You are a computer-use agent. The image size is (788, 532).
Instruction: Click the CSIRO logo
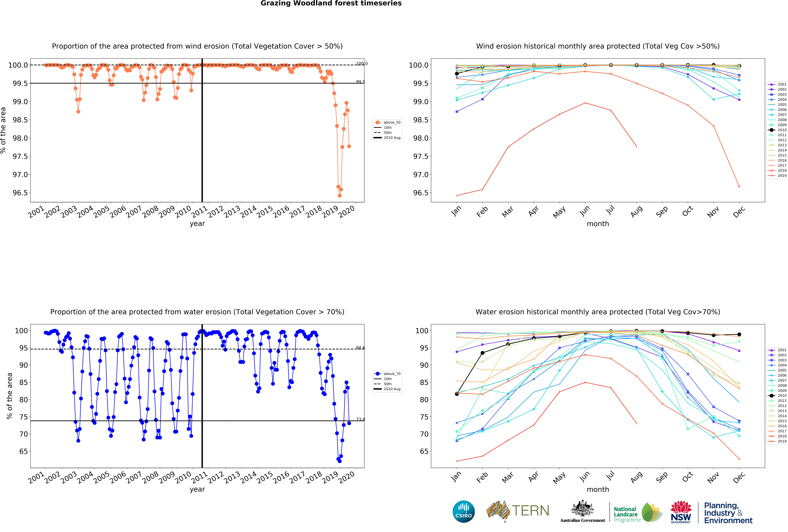click(x=463, y=511)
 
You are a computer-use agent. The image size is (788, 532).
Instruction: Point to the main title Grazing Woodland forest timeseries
click(x=331, y=3)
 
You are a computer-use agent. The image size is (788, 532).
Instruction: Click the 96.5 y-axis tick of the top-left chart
click(x=20, y=193)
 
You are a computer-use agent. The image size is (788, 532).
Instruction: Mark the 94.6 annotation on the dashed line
click(x=360, y=348)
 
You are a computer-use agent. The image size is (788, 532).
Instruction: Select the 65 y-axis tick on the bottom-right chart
click(x=424, y=451)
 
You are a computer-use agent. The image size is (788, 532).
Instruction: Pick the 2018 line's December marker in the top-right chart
click(x=739, y=187)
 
